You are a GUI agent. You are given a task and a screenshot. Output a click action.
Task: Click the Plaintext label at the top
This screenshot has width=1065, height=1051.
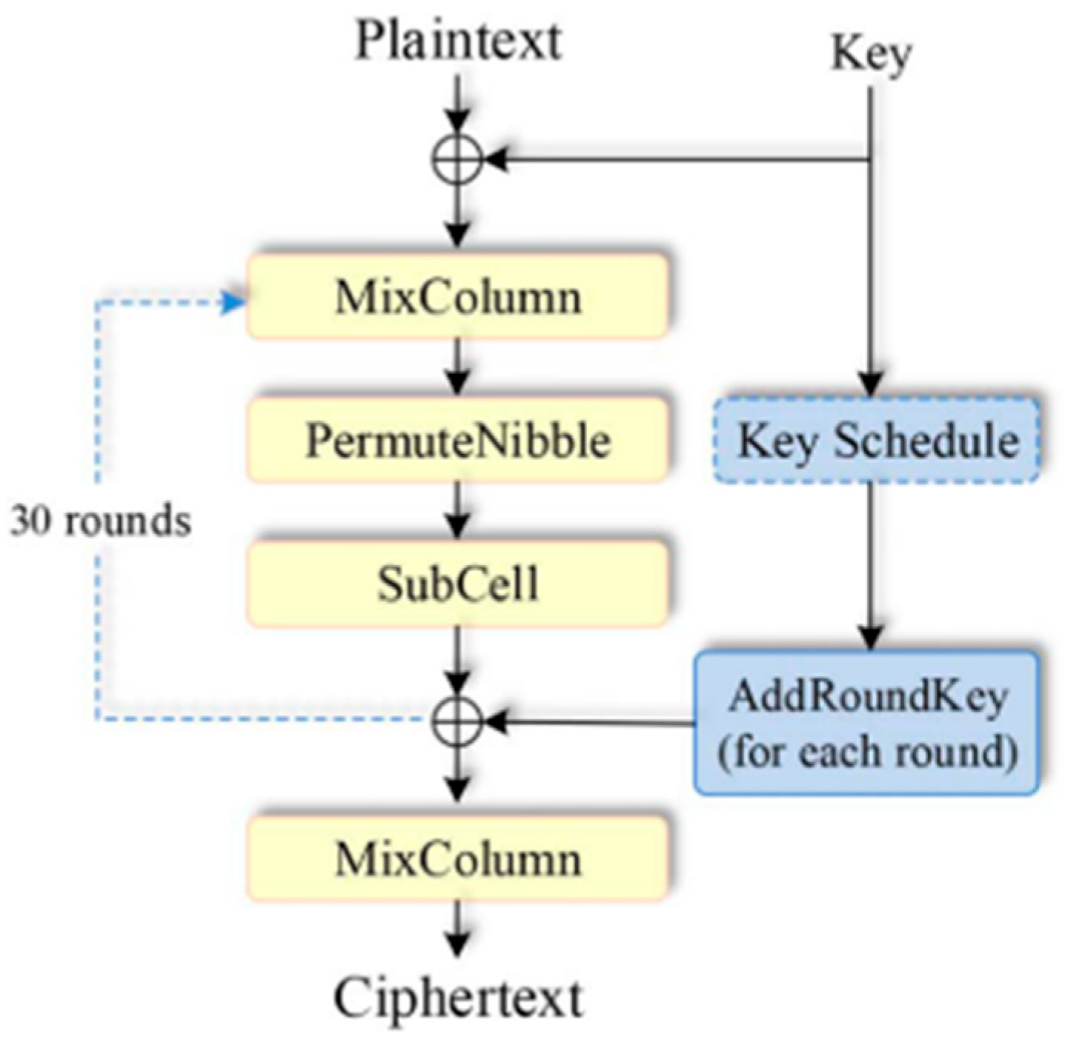458,40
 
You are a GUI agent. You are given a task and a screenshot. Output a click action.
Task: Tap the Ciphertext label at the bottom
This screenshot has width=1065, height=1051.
458,998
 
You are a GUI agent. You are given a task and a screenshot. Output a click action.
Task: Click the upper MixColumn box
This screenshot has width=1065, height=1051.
457,297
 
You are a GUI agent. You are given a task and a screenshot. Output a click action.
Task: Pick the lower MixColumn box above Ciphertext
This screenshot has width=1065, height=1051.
457,859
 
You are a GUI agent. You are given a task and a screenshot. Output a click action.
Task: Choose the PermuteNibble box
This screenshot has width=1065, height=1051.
457,441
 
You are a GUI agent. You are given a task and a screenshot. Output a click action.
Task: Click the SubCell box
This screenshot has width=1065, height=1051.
457,584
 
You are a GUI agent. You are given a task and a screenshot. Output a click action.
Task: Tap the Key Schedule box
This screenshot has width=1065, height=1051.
877,441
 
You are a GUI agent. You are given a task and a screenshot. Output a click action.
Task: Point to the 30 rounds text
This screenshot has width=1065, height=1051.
100,521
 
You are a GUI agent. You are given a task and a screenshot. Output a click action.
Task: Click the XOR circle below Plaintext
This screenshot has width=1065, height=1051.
457,159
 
